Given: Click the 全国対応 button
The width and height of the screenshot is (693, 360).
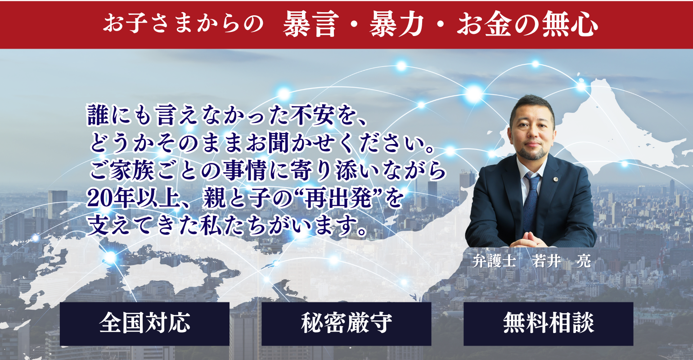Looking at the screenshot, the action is click(144, 324).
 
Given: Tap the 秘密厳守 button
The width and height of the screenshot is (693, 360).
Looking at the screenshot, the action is click(346, 324).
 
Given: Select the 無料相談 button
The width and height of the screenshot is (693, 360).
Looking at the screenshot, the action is click(548, 324).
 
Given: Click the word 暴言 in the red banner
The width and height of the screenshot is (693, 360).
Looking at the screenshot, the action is click(310, 24).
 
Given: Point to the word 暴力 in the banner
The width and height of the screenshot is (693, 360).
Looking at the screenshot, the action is click(396, 24).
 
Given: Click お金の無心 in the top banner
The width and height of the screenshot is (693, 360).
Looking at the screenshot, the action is click(527, 24).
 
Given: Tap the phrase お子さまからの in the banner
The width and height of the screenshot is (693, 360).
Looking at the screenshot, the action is click(183, 24).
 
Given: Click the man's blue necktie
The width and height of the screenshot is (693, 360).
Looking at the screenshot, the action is click(531, 201).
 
